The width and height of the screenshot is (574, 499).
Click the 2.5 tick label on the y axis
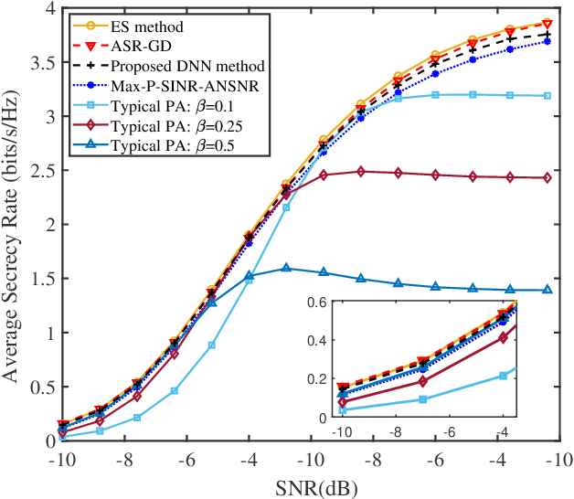42,170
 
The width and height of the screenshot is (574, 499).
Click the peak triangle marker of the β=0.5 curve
286,268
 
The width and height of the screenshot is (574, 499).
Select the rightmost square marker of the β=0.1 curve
547,95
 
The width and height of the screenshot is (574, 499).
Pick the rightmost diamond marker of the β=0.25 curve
547,177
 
